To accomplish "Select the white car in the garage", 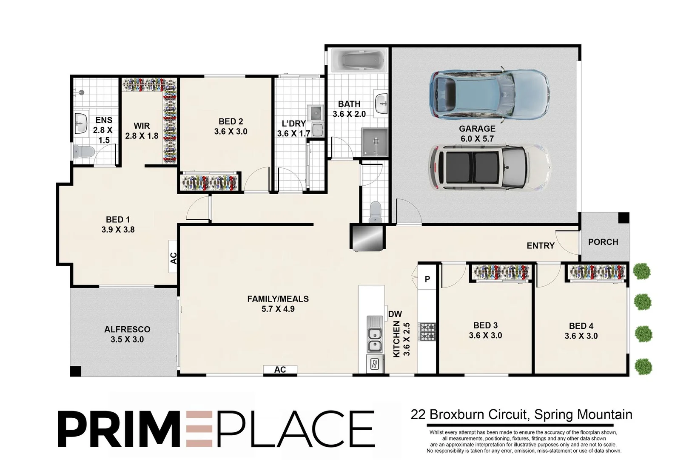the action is pyautogui.click(x=490, y=167).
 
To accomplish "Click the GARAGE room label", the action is pyautogui.click(x=477, y=129).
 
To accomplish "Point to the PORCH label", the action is pyautogui.click(x=603, y=242).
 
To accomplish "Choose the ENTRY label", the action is pyautogui.click(x=541, y=246).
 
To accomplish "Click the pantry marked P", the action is pyautogui.click(x=427, y=279).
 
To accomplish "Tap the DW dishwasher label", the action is pyautogui.click(x=395, y=314).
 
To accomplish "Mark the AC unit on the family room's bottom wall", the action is pyautogui.click(x=280, y=369).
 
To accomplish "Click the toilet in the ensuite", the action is pyautogui.click(x=84, y=152).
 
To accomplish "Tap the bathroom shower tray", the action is pyautogui.click(x=374, y=142).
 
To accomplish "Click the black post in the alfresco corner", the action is pyautogui.click(x=76, y=371).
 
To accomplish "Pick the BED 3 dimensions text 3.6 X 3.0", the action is pyautogui.click(x=485, y=335).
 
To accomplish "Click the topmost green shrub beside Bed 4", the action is pyautogui.click(x=642, y=271).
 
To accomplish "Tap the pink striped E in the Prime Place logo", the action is pyautogui.click(x=199, y=429).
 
